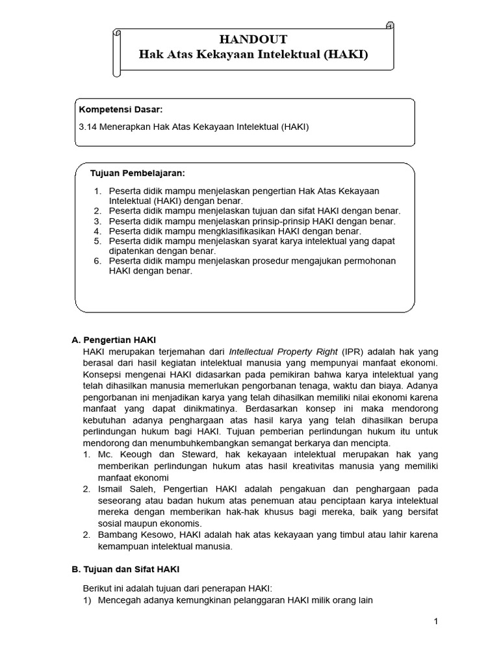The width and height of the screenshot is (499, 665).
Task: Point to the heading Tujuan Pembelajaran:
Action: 138,173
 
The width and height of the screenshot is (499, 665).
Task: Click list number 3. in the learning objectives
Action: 98,221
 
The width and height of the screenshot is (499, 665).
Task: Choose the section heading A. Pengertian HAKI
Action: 114,340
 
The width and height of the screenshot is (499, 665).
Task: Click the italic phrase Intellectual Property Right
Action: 284,351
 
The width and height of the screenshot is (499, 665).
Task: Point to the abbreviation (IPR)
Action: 355,351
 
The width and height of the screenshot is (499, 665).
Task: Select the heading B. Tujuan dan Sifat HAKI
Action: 125,570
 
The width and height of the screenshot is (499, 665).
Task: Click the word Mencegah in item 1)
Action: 118,600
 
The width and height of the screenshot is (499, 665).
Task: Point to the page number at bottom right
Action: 436,622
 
